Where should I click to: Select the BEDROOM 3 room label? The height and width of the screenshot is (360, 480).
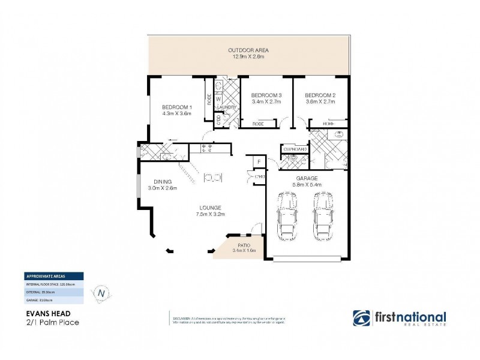266,95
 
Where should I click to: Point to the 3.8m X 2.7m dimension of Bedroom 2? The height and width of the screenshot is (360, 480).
320,102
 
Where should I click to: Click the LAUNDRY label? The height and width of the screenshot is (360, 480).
227,107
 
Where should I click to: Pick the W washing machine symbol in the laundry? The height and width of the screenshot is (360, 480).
218,98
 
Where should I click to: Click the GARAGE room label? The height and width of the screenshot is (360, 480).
307,178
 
